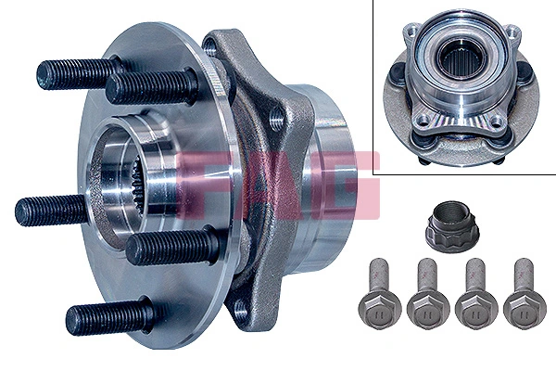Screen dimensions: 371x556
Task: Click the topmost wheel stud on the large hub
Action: coord(79,72)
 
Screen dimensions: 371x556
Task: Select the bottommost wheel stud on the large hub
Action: coord(102,318)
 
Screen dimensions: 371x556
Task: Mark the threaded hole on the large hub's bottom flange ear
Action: coord(243,308)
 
